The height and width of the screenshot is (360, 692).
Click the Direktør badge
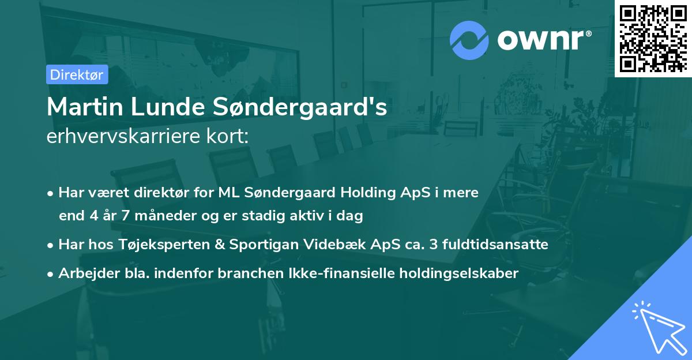[77, 74]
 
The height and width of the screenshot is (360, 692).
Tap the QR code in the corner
[653, 39]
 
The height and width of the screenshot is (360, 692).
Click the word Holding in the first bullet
[341, 193]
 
